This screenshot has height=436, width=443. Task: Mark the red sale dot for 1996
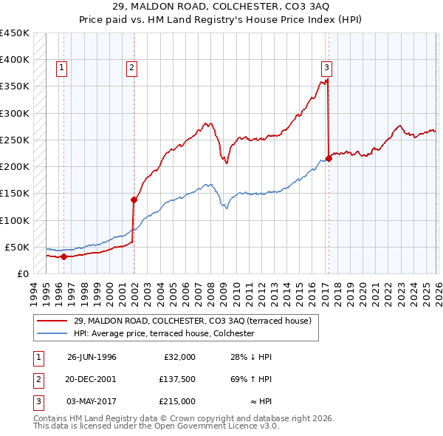[x=63, y=257]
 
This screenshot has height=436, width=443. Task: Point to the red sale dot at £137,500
[x=134, y=200]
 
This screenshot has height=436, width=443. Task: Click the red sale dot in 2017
[x=329, y=159]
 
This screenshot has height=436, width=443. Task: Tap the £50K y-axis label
[x=18, y=247]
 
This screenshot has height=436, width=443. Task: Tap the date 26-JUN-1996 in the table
[x=92, y=357]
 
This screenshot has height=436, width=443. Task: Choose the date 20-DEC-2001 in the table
[x=92, y=379]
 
